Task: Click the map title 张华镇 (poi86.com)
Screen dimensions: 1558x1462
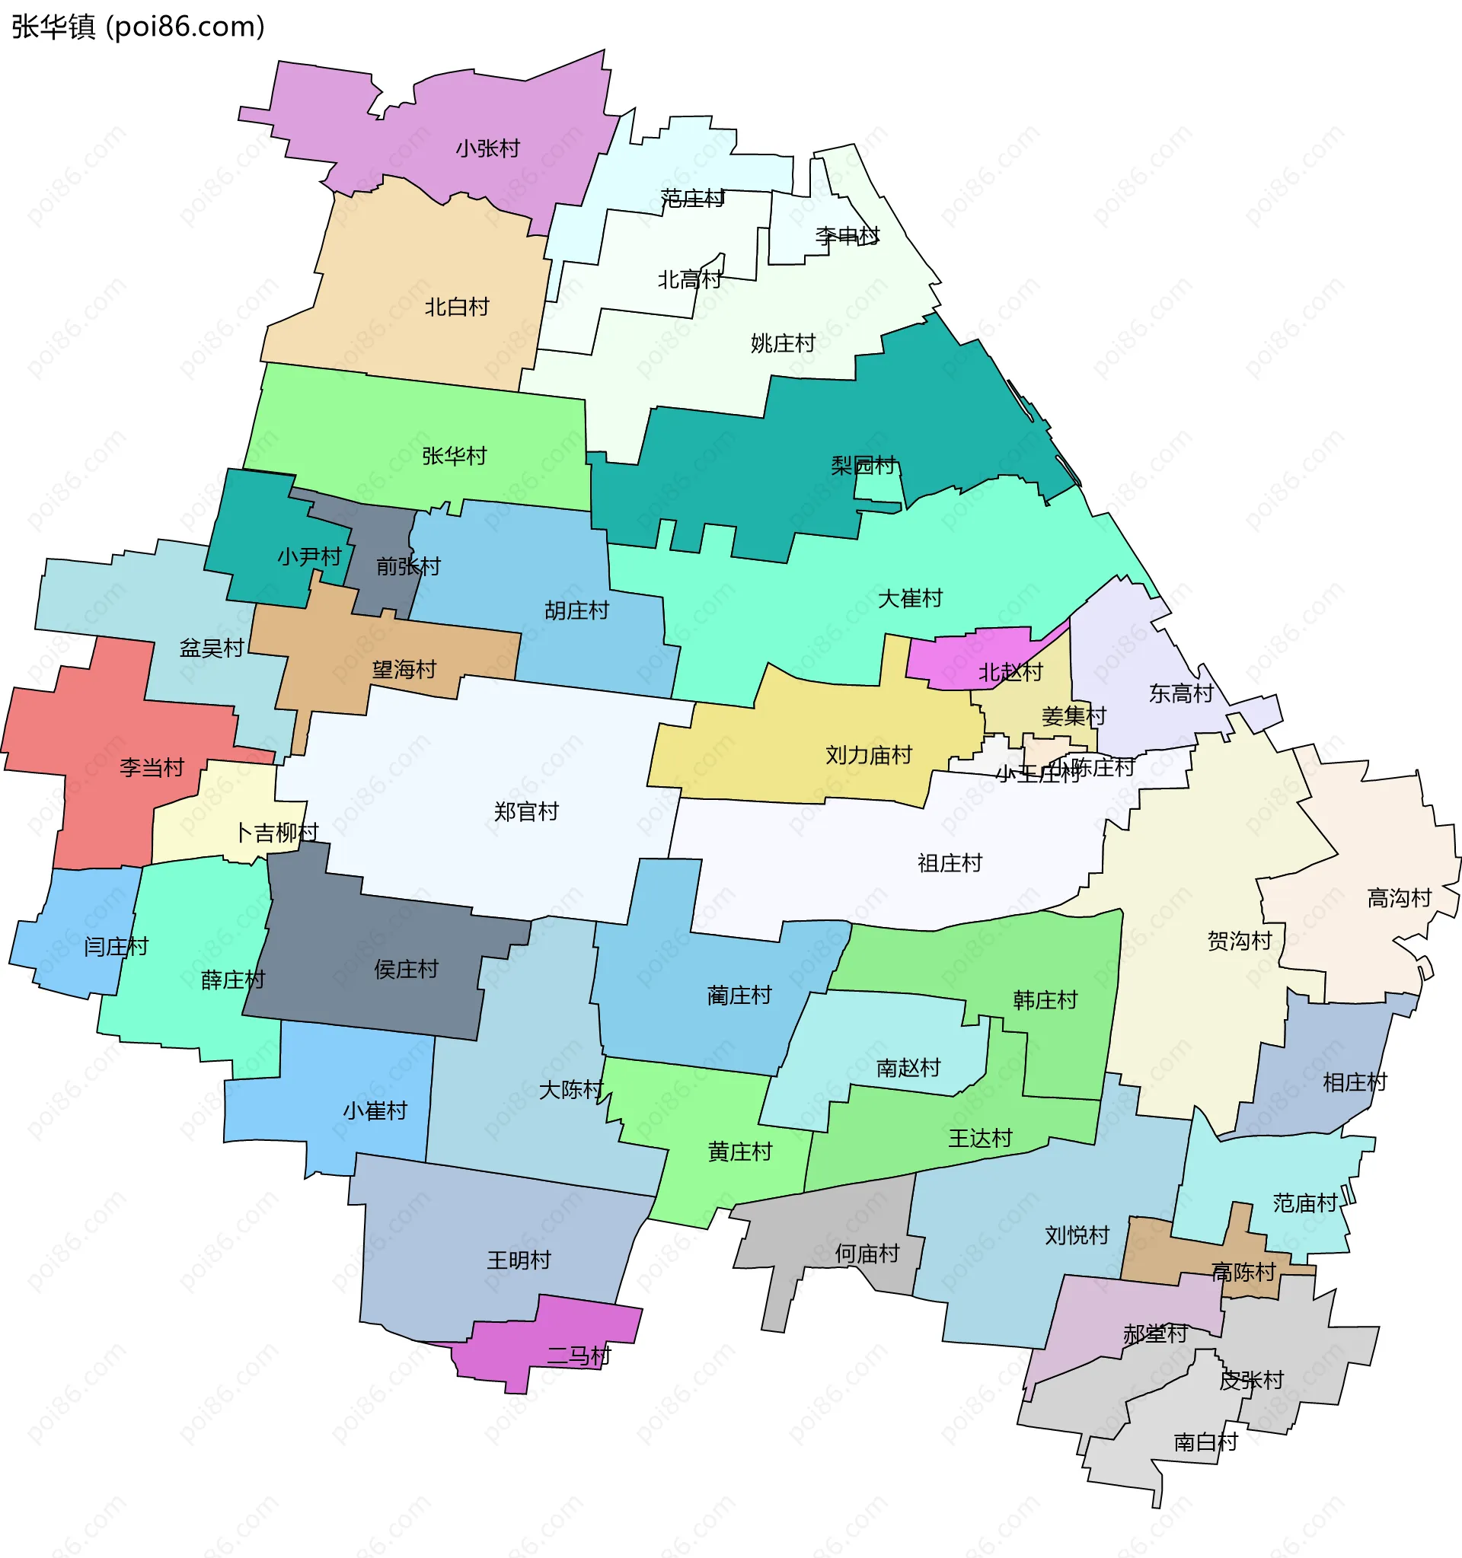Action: pyautogui.click(x=138, y=27)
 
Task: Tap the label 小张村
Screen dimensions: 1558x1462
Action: pyautogui.click(x=487, y=148)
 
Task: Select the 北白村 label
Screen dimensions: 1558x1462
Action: pyautogui.click(x=456, y=307)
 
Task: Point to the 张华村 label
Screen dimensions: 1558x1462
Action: pyautogui.click(x=454, y=456)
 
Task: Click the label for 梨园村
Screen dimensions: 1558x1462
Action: pyautogui.click(x=862, y=466)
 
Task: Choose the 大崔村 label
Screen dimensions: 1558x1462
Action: pyautogui.click(x=909, y=599)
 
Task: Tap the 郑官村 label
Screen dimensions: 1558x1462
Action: pyautogui.click(x=526, y=812)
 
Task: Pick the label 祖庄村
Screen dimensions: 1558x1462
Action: pyautogui.click(x=950, y=864)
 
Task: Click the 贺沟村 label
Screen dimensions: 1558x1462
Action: pyautogui.click(x=1239, y=941)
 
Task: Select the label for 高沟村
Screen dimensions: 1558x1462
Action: pyautogui.click(x=1400, y=898)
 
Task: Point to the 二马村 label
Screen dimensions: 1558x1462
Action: pyautogui.click(x=579, y=1355)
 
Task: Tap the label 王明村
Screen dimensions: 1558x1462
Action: pyautogui.click(x=519, y=1260)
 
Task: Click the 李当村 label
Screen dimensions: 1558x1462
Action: pyautogui.click(x=152, y=767)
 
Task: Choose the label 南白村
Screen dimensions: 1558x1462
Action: pyautogui.click(x=1205, y=1442)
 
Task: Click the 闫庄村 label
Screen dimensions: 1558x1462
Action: pyautogui.click(x=116, y=947)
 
